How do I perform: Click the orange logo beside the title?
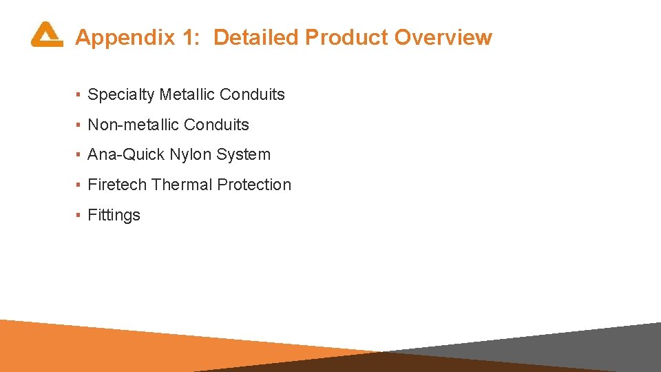[47, 34]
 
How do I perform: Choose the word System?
[243, 155]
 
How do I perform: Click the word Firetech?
[117, 185]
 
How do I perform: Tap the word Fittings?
[114, 215]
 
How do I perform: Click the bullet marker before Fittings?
[79, 215]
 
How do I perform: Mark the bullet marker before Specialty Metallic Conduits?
[79, 95]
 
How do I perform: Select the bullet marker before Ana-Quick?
[79, 155]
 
